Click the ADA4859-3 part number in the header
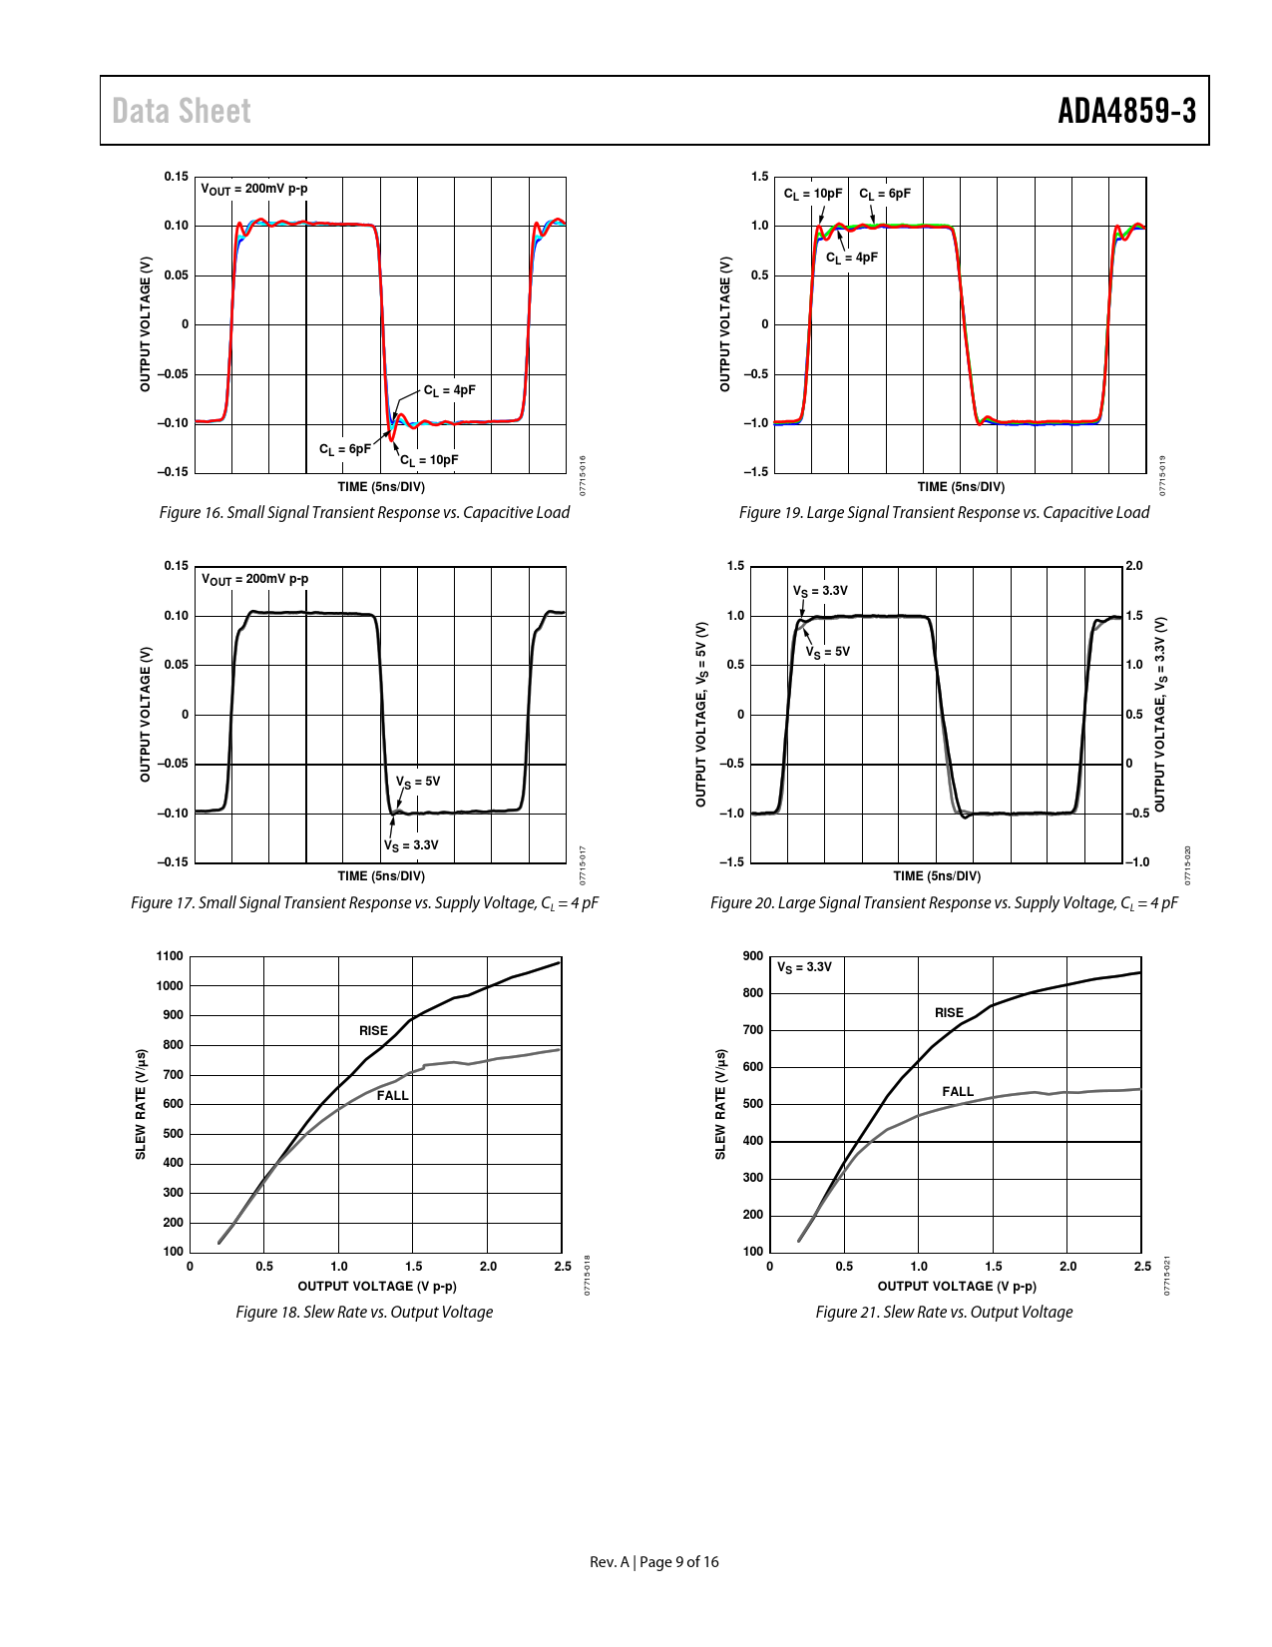tap(1126, 111)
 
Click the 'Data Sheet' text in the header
tap(182, 111)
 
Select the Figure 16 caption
tap(364, 512)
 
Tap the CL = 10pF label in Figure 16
tap(430, 460)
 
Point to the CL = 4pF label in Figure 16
tap(450, 390)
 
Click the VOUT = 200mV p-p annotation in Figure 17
tap(255, 579)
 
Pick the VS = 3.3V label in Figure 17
tap(411, 845)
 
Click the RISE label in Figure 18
tap(373, 1030)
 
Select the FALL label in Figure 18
tap(392, 1095)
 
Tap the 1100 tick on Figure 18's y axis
tap(171, 956)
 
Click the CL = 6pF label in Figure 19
tap(885, 194)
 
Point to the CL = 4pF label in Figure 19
tap(852, 258)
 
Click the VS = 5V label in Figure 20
tap(828, 652)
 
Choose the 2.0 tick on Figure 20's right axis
tap(1134, 566)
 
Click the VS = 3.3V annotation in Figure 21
tap(804, 967)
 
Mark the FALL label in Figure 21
tap(958, 1091)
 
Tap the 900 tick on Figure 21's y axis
tap(753, 956)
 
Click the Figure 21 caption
tap(944, 1312)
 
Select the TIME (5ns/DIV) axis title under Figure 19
tap(961, 487)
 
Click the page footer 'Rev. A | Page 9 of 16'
tap(653, 1562)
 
